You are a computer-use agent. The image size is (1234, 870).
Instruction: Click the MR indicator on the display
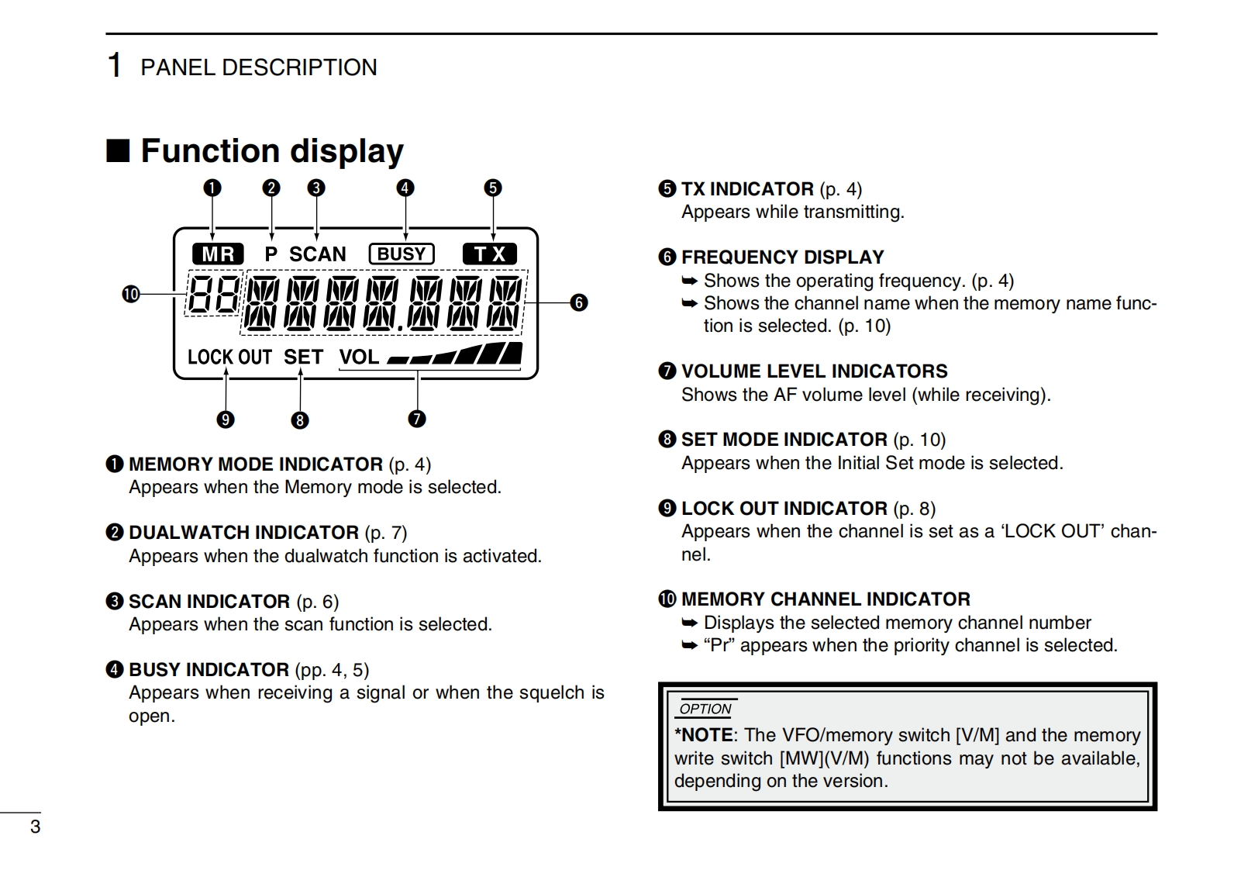218,254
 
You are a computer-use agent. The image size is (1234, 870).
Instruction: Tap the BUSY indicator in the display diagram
402,254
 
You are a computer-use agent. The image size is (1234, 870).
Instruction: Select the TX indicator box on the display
489,254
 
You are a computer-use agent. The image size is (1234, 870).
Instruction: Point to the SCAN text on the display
318,254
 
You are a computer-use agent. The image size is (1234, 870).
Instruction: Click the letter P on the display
271,254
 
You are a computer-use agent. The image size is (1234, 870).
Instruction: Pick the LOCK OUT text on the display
229,357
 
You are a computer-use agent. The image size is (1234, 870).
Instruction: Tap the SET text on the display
303,357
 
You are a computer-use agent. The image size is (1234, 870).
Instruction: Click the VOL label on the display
359,357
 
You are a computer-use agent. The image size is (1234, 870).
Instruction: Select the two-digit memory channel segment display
212,294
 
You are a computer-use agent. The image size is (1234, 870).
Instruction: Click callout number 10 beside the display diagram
130,294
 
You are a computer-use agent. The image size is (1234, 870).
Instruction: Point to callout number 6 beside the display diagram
579,302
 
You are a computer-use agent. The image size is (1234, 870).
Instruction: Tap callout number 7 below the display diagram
417,419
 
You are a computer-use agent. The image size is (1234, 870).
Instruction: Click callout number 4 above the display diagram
405,188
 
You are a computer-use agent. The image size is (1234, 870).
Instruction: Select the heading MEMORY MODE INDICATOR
255,464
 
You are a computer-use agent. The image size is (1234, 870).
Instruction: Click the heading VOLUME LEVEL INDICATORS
814,371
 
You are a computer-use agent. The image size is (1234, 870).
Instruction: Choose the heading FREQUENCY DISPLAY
782,257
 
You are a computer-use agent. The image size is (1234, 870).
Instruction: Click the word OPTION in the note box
705,709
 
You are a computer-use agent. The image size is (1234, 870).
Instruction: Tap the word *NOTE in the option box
703,735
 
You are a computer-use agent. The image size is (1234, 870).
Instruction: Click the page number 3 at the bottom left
35,827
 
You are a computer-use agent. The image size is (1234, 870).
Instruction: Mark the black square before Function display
118,150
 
